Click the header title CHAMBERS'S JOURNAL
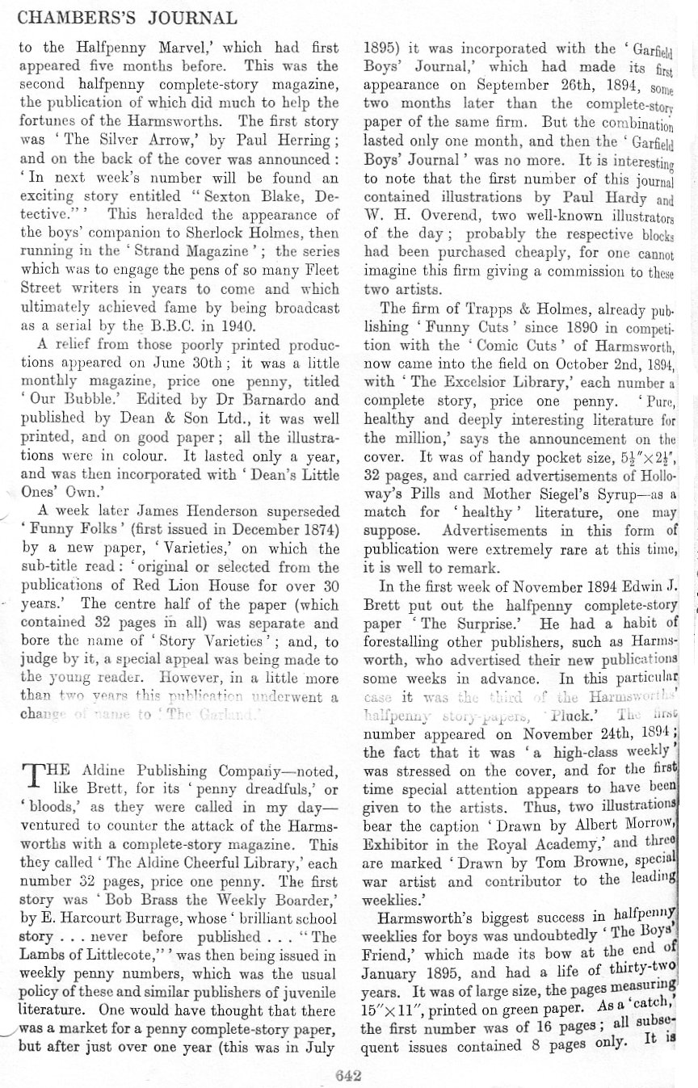128,18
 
